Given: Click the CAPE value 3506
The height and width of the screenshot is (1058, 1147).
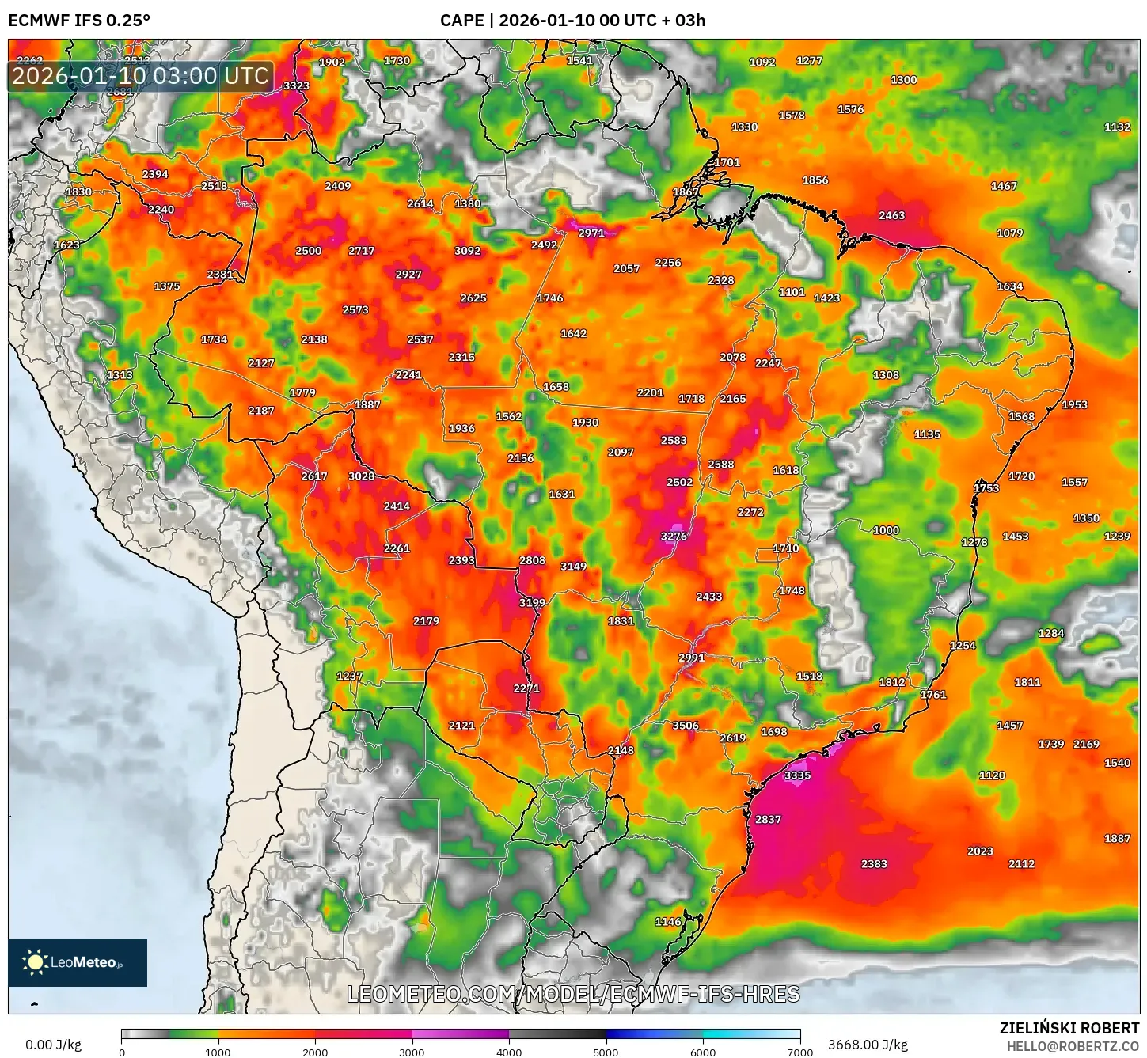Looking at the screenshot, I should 686,726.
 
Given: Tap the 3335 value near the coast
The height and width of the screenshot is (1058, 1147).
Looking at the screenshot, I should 797,775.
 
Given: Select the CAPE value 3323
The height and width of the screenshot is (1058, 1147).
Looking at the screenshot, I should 296,86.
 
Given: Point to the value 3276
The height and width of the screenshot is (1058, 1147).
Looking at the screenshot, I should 674,537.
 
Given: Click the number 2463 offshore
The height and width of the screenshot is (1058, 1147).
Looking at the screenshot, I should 891,215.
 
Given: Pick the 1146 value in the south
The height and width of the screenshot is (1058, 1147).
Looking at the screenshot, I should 668,922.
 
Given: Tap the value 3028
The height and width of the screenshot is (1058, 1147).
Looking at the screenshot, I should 361,476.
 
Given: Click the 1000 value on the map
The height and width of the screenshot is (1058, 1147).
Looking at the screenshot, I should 886,530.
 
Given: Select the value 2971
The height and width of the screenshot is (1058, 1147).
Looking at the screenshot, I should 591,233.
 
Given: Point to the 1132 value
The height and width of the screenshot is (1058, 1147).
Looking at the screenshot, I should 1117,127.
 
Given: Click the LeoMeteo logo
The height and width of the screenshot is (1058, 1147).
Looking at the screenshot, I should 78,962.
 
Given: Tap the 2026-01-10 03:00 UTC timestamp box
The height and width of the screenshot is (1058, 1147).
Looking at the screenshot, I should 140,77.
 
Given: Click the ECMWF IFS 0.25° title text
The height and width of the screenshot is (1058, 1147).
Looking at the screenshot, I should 79,21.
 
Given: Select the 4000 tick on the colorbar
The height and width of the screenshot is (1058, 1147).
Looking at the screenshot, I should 509,1052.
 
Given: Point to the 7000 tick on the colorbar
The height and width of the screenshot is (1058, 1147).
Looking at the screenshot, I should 799,1052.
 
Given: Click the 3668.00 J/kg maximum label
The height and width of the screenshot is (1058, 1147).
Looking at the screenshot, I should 868,1045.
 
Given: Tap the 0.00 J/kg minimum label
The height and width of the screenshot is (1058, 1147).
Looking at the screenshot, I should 54,1045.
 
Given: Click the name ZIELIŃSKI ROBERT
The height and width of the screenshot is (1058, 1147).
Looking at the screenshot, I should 1069,1029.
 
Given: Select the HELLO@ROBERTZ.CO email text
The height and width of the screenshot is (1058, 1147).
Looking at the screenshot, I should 1073,1046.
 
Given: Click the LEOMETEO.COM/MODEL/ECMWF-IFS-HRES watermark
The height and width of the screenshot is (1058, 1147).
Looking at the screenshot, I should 573,995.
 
